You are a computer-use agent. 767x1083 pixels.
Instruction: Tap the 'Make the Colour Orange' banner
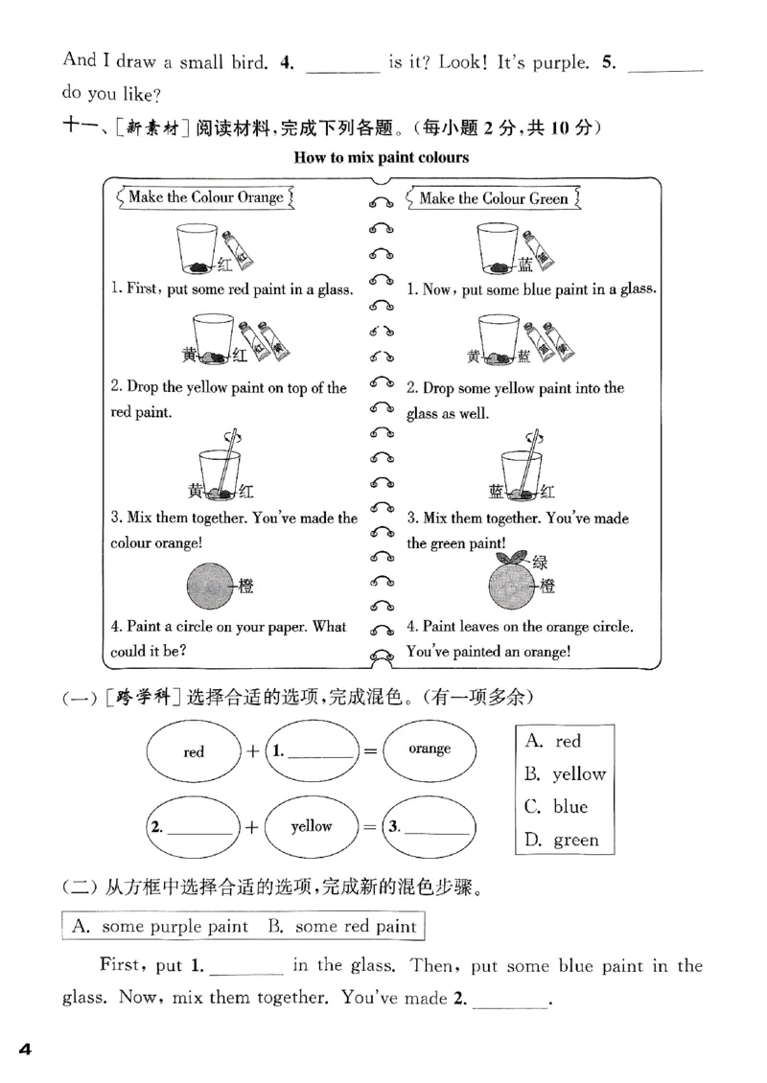pyautogui.click(x=205, y=197)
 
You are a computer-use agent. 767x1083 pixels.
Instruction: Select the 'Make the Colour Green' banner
pyautogui.click(x=493, y=198)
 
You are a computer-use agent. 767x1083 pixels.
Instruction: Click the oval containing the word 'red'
pyautogui.click(x=194, y=751)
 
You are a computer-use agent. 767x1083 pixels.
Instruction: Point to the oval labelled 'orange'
pyautogui.click(x=429, y=749)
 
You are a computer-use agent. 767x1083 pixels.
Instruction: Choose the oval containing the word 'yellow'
pyautogui.click(x=311, y=826)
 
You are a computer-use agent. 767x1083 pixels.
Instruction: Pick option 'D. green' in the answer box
pyautogui.click(x=563, y=840)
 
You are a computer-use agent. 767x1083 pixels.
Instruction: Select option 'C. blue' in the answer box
pyautogui.click(x=557, y=807)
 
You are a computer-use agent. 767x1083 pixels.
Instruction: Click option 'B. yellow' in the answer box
pyautogui.click(x=566, y=774)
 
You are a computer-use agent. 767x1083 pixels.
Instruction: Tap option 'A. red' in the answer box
pyautogui.click(x=554, y=741)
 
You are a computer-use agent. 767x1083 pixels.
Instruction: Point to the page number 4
pyautogui.click(x=26, y=1050)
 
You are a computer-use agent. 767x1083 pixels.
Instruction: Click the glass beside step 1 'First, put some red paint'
pyautogui.click(x=199, y=249)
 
